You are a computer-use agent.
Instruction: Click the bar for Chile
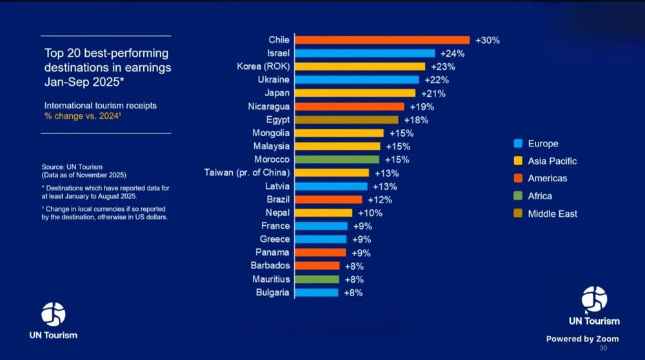coord(382,40)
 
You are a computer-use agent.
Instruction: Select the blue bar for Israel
coord(365,54)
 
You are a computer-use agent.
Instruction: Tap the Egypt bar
coord(346,120)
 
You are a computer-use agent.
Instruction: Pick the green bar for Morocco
coord(337,159)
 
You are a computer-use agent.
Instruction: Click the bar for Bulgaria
coord(316,292)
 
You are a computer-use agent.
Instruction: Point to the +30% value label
coord(488,40)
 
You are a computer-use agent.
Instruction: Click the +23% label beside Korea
coord(443,66)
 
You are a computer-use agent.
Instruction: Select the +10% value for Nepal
coord(370,213)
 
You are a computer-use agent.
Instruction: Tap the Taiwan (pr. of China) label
coord(247,173)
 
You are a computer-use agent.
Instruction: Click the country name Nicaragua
coord(269,106)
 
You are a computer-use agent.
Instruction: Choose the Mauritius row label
coord(272,279)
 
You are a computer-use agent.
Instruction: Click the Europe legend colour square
coord(517,144)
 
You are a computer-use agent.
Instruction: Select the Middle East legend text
coord(552,214)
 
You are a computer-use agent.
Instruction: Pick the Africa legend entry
coord(540,196)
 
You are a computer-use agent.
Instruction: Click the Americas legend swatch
coord(517,179)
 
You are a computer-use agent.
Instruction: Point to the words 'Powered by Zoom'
coord(582,339)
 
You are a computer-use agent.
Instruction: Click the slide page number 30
coord(603,348)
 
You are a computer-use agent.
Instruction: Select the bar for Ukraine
coord(357,80)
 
